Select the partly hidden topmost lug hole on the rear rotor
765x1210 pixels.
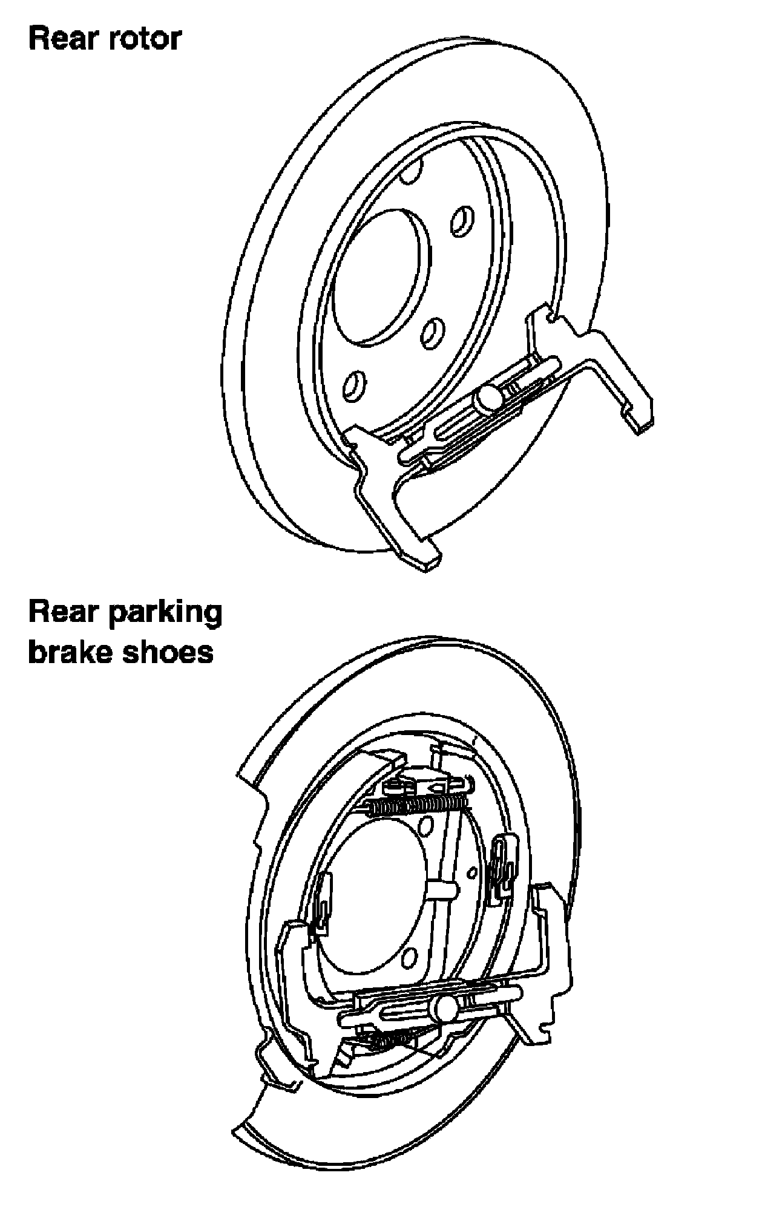[411, 171]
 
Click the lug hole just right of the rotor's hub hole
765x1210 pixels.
[462, 221]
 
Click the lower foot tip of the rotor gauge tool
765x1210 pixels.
[424, 559]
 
